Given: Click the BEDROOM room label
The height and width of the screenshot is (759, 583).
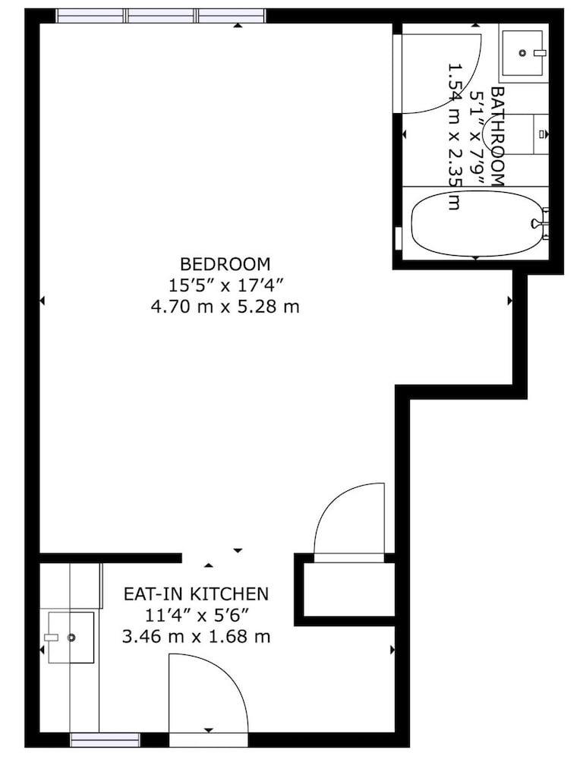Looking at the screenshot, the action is (225, 264).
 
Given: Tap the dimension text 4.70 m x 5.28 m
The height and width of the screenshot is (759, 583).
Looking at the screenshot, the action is (225, 307).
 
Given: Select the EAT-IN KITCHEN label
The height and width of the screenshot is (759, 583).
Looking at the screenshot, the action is (196, 594).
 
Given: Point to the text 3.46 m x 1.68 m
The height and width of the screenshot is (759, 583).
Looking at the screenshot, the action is (196, 636).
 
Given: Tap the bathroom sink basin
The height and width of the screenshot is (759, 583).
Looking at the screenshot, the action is (522, 53).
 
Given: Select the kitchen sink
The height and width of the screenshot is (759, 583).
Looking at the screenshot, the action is (71, 638).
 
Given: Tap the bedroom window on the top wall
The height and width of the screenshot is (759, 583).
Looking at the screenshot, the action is (161, 16).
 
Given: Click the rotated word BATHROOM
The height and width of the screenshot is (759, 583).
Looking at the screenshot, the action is (498, 137).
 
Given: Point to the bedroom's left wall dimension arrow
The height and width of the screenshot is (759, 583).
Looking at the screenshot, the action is (42, 301).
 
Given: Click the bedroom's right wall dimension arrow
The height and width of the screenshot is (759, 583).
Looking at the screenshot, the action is (510, 301).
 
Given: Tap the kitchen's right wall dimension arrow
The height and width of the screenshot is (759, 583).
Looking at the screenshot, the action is (392, 650).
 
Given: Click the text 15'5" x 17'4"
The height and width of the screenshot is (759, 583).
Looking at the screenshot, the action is (225, 285).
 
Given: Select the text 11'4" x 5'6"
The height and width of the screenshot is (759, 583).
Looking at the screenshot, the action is (196, 616).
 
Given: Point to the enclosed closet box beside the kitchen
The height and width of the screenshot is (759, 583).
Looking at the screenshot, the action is (345, 590).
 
